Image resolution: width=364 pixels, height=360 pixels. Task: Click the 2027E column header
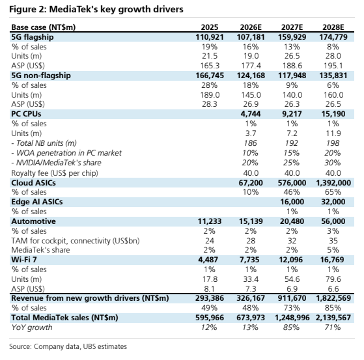pos(292,27)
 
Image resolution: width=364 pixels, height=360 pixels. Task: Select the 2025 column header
pos(210,27)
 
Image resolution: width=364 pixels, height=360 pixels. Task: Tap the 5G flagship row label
pos(33,37)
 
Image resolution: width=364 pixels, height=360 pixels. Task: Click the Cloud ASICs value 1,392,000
pos(333,183)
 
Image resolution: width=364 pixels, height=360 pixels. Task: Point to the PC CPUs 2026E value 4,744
pos(251,114)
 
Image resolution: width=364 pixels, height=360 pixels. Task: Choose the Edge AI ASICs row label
pos(37,202)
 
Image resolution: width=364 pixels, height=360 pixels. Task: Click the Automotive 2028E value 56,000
pos(333,221)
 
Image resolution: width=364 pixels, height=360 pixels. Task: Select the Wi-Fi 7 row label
pos(24,260)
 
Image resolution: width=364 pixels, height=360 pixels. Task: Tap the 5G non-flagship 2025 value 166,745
pos(210,76)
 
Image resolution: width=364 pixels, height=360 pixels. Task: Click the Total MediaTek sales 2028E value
pos(333,317)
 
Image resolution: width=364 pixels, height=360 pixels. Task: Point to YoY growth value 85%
pos(291,327)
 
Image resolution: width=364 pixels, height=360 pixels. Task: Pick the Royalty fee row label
pos(55,173)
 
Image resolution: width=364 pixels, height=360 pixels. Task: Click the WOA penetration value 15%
pos(291,153)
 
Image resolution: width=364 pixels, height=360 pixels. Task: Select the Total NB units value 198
pos(333,143)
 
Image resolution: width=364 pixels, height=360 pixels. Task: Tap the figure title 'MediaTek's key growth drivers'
pos(117,9)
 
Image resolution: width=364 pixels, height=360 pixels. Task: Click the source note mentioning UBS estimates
pos(68,346)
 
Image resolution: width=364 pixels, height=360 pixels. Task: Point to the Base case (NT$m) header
pos(44,27)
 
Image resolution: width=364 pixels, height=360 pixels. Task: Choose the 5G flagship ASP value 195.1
pos(333,66)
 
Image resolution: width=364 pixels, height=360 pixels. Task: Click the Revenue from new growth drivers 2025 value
pos(210,298)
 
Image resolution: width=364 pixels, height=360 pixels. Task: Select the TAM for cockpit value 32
pos(292,241)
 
